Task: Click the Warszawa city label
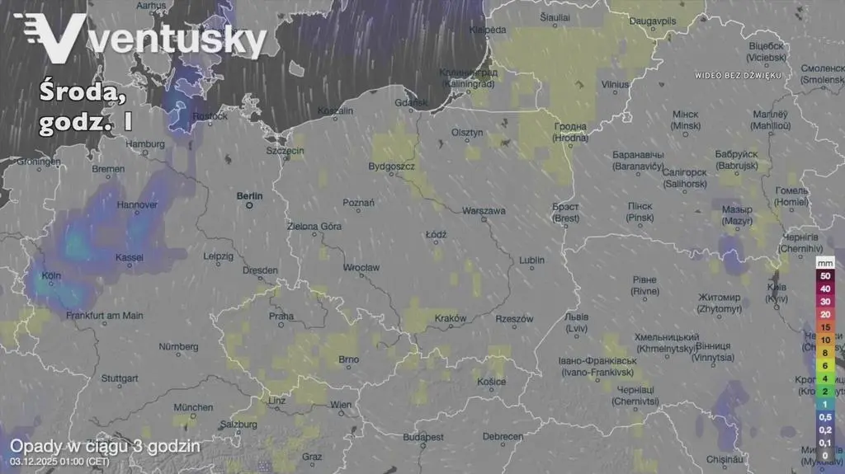[x=484, y=211]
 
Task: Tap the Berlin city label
[x=249, y=196]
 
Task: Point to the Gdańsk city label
[x=412, y=103]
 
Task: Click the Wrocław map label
[x=362, y=268]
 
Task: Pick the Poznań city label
[x=359, y=202]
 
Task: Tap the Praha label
[x=281, y=317]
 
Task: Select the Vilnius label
[x=615, y=84]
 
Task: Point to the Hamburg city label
[x=145, y=144]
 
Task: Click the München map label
[x=194, y=407]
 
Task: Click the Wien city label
[x=340, y=404]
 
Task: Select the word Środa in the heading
[x=83, y=93]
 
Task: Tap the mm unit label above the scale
[x=824, y=261]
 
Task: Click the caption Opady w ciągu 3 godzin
[x=105, y=446]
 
